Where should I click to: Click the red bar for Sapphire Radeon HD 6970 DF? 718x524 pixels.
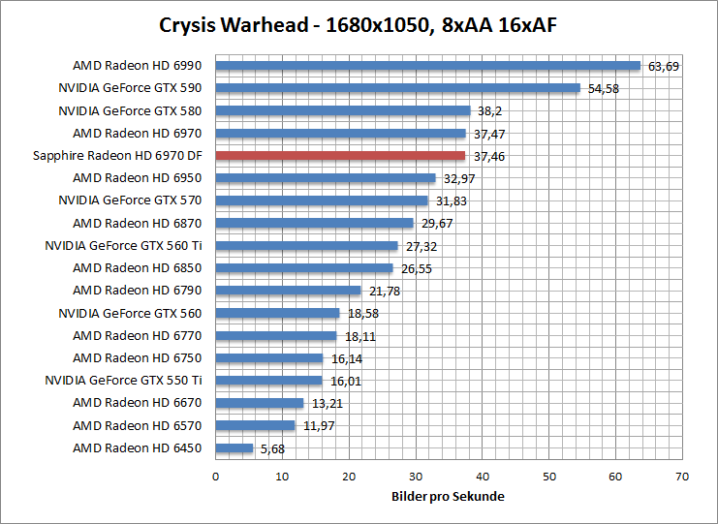[340, 156]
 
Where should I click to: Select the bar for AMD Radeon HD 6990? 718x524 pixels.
[427, 66]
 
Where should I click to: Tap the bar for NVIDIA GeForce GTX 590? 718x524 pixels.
[397, 88]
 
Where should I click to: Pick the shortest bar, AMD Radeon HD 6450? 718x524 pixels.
[234, 448]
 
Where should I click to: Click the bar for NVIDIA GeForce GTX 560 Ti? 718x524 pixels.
[306, 246]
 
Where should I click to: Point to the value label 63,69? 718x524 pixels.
[664, 67]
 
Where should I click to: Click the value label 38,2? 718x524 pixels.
[486, 111]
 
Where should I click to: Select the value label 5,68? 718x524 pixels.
[271, 448]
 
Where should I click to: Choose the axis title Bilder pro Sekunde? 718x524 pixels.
[448, 496]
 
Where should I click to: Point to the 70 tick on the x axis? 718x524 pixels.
[682, 477]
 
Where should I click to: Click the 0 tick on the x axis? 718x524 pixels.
[215, 477]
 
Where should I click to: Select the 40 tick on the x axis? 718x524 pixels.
[482, 477]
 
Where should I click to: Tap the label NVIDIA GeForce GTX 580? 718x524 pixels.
[132, 110]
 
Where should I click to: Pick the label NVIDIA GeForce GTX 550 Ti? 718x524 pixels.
[124, 380]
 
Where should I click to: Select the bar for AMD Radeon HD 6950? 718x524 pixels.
[326, 178]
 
